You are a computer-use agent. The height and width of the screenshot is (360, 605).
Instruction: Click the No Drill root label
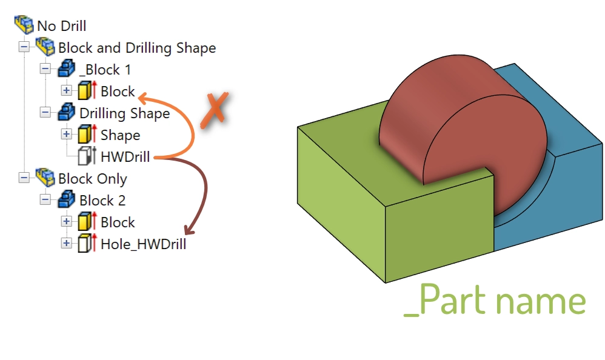(61, 26)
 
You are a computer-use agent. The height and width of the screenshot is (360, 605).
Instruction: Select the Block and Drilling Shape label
(137, 48)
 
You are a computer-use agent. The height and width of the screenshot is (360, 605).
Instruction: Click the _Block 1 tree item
(105, 70)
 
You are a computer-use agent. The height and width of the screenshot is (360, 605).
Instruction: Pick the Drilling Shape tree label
(125, 113)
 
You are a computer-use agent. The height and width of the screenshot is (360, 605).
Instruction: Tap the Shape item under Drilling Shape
(121, 135)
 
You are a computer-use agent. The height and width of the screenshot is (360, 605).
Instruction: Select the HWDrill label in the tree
(125, 157)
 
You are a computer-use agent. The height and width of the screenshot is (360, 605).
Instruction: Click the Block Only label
(93, 179)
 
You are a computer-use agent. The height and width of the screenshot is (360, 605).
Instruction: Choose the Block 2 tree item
(102, 201)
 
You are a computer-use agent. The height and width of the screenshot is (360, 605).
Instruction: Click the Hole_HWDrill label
(144, 244)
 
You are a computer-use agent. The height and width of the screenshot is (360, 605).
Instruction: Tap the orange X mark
(215, 110)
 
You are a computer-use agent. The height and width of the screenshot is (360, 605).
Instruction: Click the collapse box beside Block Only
(24, 178)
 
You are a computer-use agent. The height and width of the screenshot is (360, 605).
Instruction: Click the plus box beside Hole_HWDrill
(66, 243)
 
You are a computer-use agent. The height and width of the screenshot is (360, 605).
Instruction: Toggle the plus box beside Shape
(66, 134)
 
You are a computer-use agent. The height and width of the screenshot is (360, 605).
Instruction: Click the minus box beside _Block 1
(45, 69)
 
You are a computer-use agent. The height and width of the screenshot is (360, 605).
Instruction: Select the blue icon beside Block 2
(66, 199)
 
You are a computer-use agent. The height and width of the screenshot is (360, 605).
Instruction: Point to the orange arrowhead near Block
(142, 98)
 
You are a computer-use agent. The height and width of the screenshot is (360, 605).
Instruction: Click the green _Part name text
(495, 300)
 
